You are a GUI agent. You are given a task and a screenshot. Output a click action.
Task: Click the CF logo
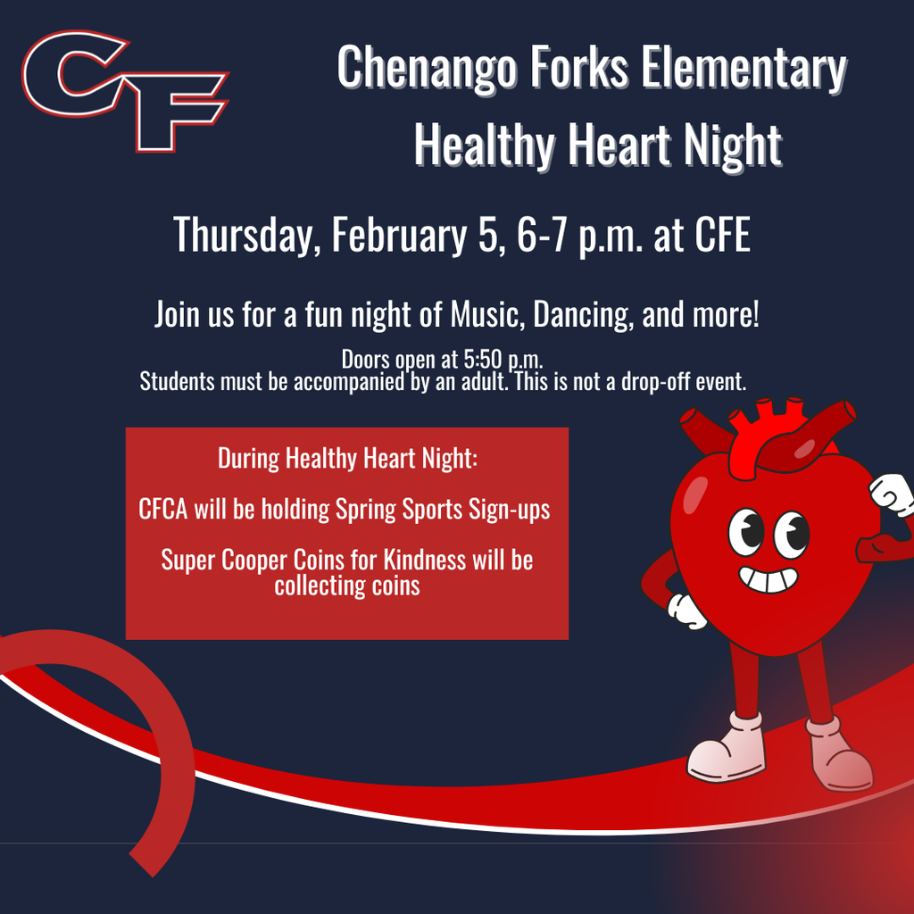pyautogui.click(x=125, y=89)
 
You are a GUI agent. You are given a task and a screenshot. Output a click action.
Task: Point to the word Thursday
pyautogui.click(x=246, y=234)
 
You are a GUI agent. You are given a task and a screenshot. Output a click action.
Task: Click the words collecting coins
pyautogui.click(x=347, y=586)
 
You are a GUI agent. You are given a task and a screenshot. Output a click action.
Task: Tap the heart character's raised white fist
pyautogui.click(x=892, y=494)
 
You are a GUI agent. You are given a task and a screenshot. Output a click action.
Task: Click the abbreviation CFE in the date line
pyautogui.click(x=722, y=234)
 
